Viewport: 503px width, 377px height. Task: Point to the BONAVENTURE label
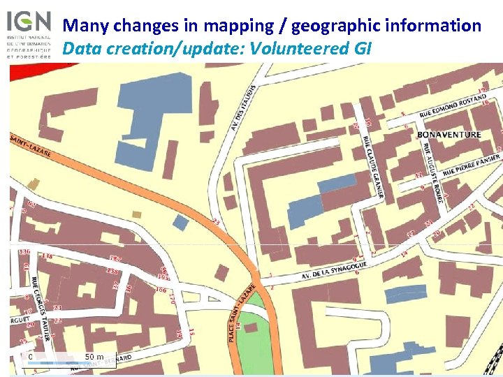449,135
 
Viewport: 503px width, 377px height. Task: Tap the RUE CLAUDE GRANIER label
372,166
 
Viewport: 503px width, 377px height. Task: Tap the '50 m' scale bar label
94,357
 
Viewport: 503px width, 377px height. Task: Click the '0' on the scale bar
31,357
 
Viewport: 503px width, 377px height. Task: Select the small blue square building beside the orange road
180,223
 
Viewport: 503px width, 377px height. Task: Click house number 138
48,257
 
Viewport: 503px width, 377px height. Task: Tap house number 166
161,290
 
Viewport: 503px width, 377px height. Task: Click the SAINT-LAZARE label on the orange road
31,147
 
